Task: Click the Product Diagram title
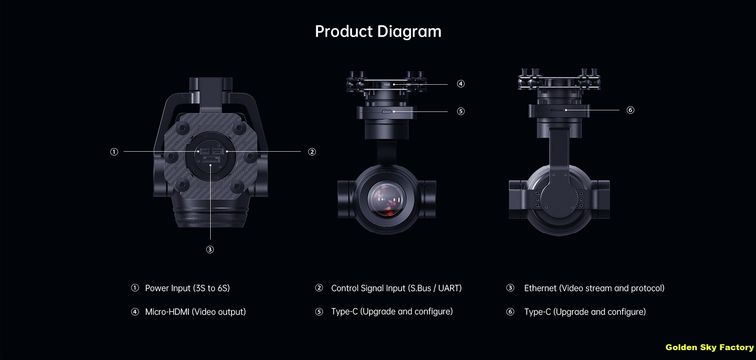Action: coord(378,32)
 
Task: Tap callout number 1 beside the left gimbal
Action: coord(114,152)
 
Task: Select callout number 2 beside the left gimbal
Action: coord(312,152)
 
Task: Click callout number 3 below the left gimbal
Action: coord(210,249)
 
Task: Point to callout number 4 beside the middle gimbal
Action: coord(461,84)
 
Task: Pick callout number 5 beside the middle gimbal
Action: coord(461,111)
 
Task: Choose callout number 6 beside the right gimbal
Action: coord(630,110)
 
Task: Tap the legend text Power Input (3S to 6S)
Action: coord(187,288)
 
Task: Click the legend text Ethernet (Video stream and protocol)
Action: coord(594,288)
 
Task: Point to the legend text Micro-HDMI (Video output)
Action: coord(195,312)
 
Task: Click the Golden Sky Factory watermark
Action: coord(710,347)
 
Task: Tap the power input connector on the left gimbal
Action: coord(205,151)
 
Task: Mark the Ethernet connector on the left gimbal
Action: coord(211,159)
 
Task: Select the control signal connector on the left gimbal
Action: coord(218,151)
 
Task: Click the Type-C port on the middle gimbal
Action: coord(387,111)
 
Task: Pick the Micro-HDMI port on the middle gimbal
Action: coord(387,84)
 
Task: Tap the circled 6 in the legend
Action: coord(510,312)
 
